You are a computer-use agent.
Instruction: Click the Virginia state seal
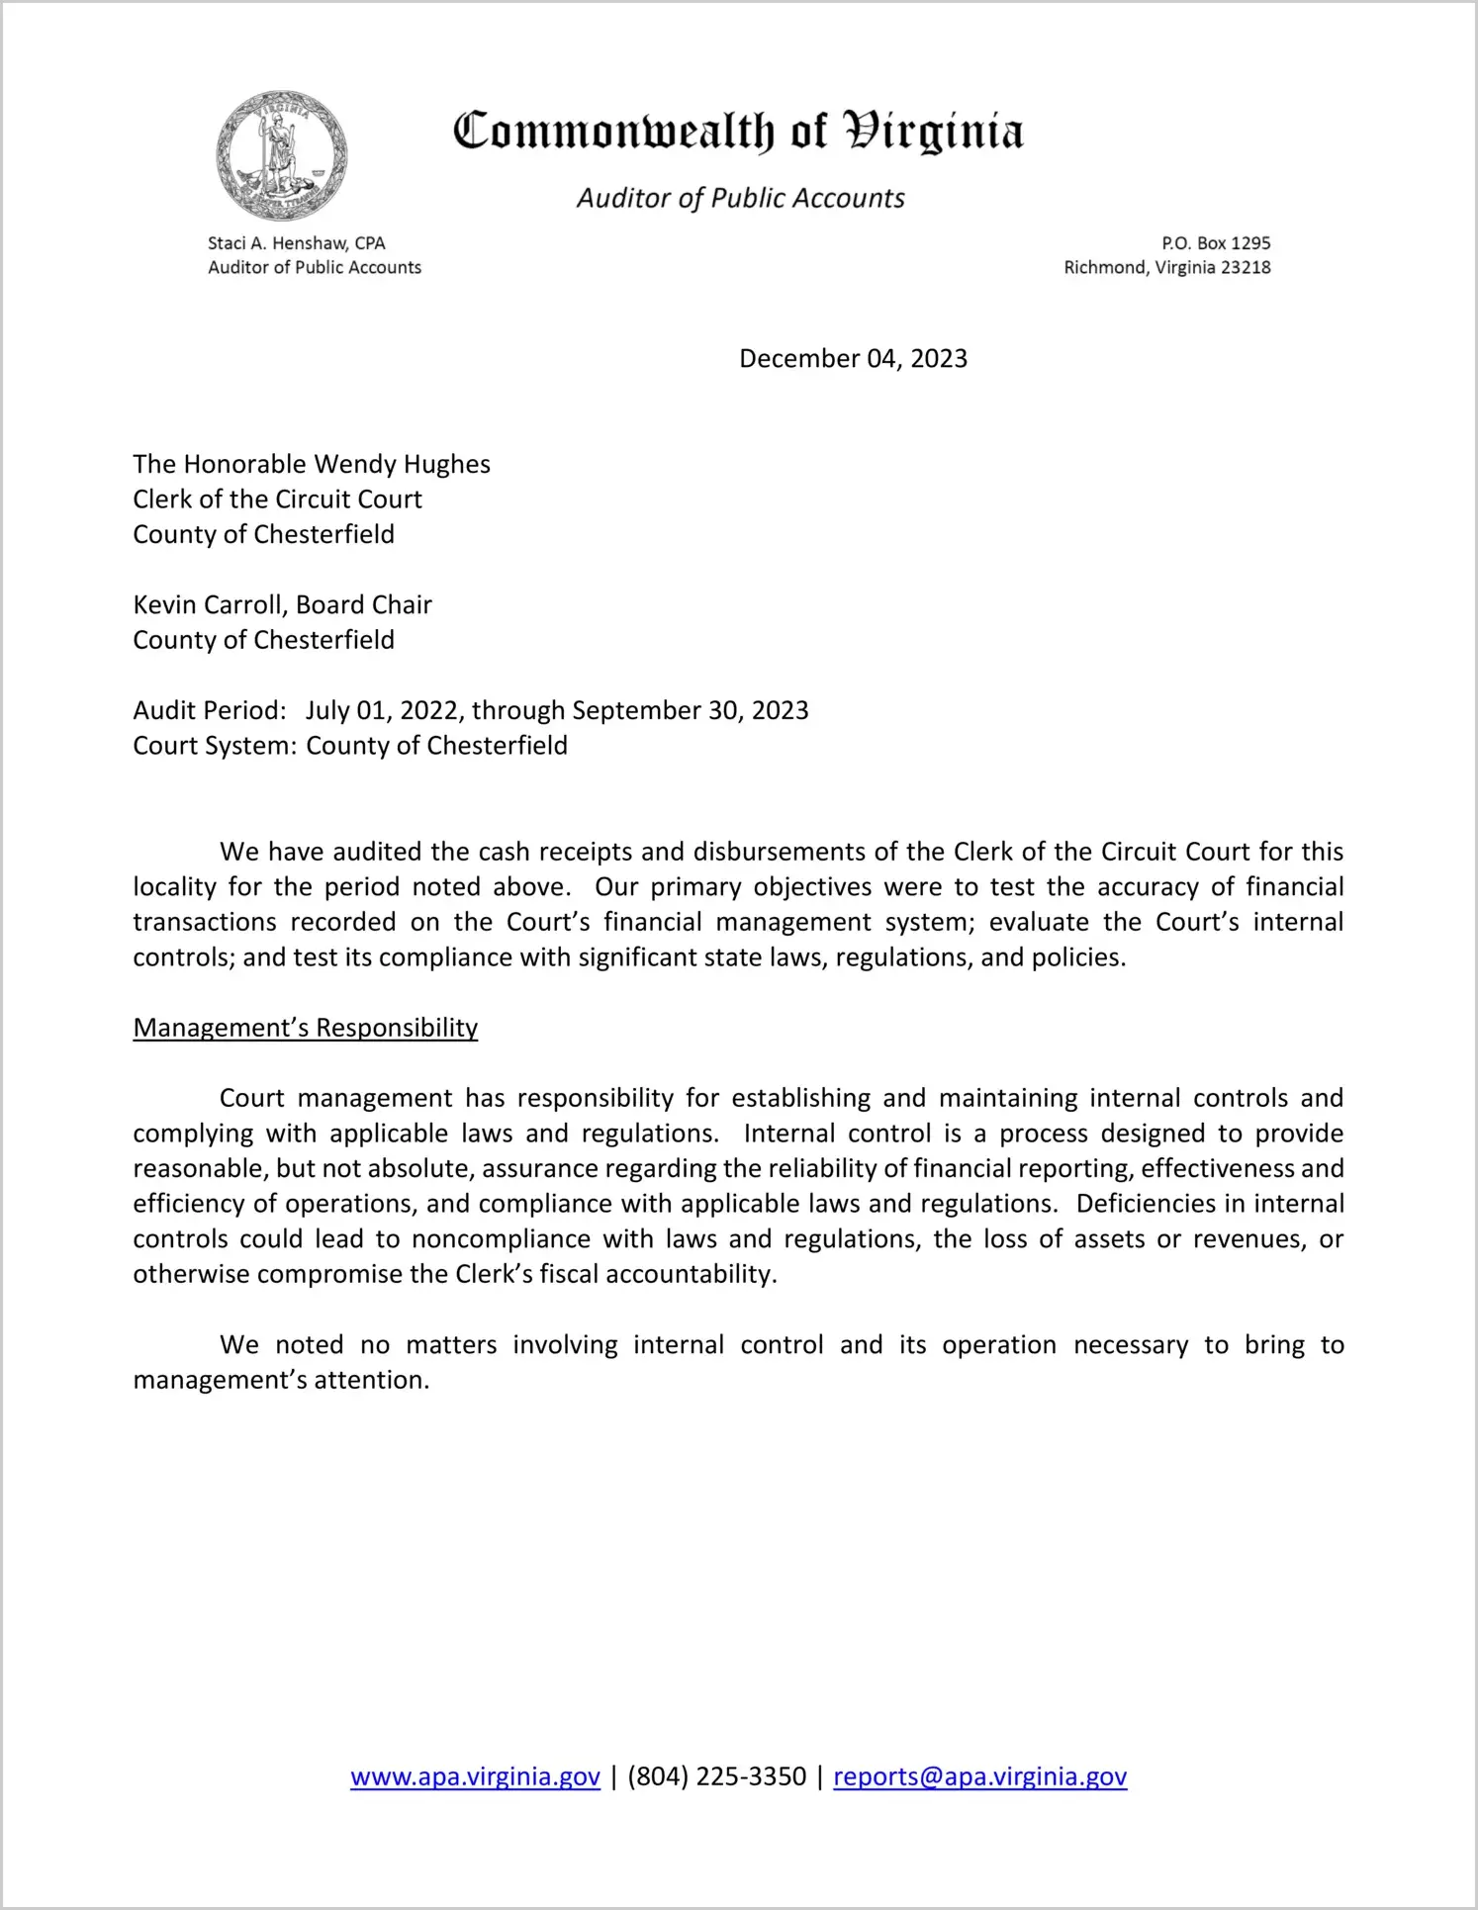(x=282, y=156)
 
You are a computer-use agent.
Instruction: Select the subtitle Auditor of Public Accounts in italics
(x=740, y=199)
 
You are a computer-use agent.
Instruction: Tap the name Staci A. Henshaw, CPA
(x=296, y=243)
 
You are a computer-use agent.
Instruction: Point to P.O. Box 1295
(x=1216, y=243)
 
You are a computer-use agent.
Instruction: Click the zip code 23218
(x=1246, y=268)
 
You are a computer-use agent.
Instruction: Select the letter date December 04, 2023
(x=853, y=359)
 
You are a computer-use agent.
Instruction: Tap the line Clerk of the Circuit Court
(x=277, y=500)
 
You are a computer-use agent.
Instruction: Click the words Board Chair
(x=364, y=605)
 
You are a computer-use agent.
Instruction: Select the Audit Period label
(x=209, y=711)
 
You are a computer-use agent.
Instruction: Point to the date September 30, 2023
(x=690, y=711)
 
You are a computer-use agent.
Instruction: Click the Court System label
(x=214, y=746)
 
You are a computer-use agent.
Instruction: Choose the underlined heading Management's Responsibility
(x=305, y=1029)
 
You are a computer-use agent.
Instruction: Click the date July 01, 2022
(x=382, y=711)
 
